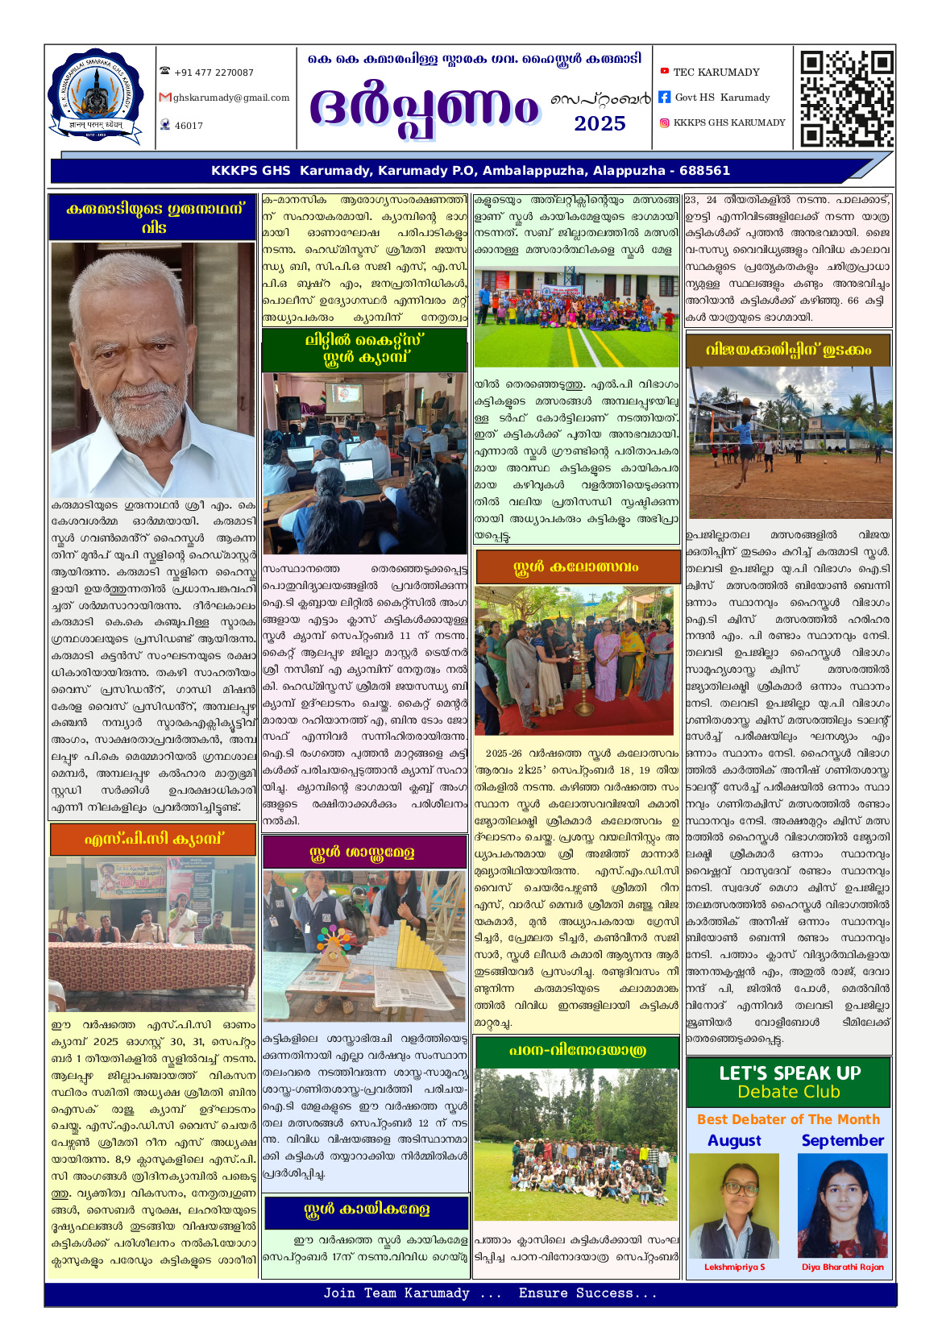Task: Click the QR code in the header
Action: (846, 98)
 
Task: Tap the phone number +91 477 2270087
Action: (214, 73)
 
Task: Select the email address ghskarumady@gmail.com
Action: (230, 98)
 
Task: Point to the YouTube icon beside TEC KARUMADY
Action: (664, 72)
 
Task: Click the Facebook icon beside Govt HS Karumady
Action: (664, 98)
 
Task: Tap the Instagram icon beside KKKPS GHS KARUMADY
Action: (664, 122)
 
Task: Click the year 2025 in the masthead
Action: (600, 124)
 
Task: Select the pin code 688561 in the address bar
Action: (704, 171)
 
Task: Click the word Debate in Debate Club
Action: (765, 1092)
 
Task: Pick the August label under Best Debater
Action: (734, 1140)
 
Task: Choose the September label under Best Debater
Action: (842, 1140)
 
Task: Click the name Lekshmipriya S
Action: (734, 1267)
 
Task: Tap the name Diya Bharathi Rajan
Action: (842, 1267)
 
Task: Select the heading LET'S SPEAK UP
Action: (790, 1073)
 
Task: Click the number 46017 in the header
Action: (189, 126)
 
